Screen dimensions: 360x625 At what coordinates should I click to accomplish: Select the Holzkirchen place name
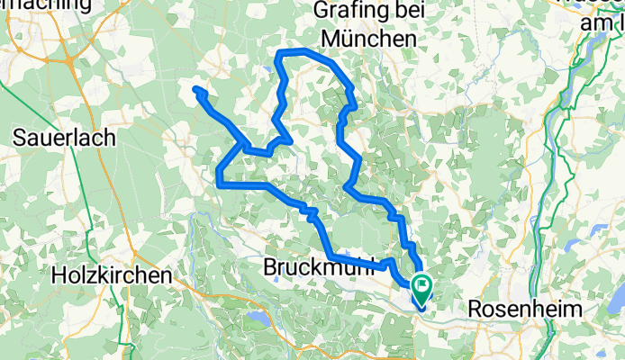pos(112,275)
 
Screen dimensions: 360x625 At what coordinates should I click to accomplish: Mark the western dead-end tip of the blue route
pos(195,87)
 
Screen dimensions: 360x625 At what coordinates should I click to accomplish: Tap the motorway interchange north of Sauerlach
pos(69,61)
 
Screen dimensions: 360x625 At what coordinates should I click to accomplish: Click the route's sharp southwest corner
pos(219,184)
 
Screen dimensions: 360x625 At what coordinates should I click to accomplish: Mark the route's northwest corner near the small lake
pos(280,54)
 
